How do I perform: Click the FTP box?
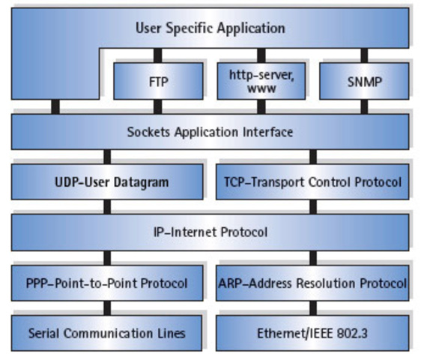tap(157, 80)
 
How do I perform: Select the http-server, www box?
tap(261, 80)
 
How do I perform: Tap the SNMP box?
tap(364, 80)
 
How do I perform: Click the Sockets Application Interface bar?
tap(210, 132)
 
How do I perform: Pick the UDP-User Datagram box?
tap(107, 181)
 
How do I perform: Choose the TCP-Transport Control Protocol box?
tap(313, 181)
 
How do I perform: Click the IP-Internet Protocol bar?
tap(210, 232)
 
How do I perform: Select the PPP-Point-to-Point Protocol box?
tap(107, 283)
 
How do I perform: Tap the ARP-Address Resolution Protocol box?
tap(313, 283)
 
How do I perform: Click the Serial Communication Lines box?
tap(107, 332)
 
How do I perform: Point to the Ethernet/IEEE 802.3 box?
tap(313, 332)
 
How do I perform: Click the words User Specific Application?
tap(210, 28)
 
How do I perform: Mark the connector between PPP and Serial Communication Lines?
tap(107, 307)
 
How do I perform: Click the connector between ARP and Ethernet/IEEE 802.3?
tap(313, 307)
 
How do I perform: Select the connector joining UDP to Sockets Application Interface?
tap(107, 157)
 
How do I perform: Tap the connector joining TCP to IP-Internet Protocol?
tap(313, 206)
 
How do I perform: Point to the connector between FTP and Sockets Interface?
tap(157, 106)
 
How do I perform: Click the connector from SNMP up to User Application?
tap(364, 55)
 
